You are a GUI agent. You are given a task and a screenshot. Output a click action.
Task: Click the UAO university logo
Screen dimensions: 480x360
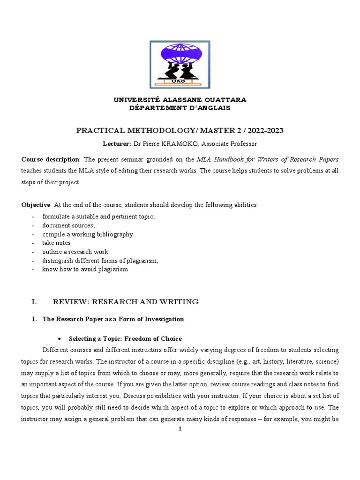coord(180,64)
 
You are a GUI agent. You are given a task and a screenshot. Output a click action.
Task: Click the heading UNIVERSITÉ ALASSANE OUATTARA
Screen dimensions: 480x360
coord(180,100)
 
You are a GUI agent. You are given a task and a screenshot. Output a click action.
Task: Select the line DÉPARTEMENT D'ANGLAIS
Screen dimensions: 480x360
coord(180,108)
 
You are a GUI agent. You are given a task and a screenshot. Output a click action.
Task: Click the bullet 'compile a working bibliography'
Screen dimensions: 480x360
coord(88,234)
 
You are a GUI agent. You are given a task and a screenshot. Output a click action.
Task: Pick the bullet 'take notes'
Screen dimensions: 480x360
coord(56,243)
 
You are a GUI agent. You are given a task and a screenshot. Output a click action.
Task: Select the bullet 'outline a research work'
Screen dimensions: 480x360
coord(77,252)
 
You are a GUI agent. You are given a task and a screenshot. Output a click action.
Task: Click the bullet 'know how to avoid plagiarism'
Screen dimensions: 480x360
coord(85,270)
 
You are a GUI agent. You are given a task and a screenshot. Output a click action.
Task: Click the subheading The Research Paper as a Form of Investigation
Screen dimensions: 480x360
coord(113,319)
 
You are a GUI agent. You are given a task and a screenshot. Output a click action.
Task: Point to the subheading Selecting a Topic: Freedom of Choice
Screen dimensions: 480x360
coord(125,338)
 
